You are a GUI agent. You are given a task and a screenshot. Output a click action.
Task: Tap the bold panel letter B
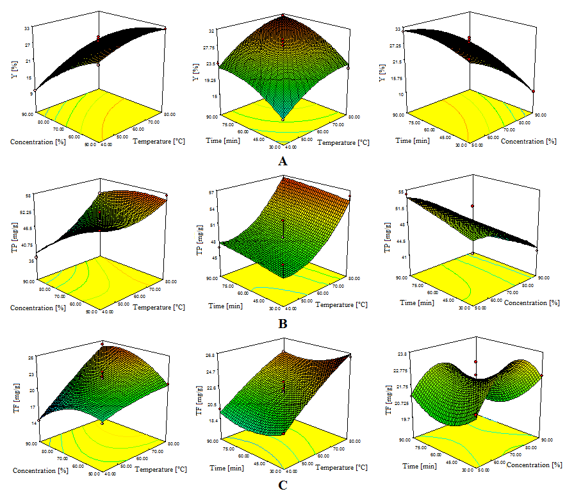coord(283,324)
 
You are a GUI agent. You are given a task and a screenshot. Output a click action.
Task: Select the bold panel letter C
coord(283,485)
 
